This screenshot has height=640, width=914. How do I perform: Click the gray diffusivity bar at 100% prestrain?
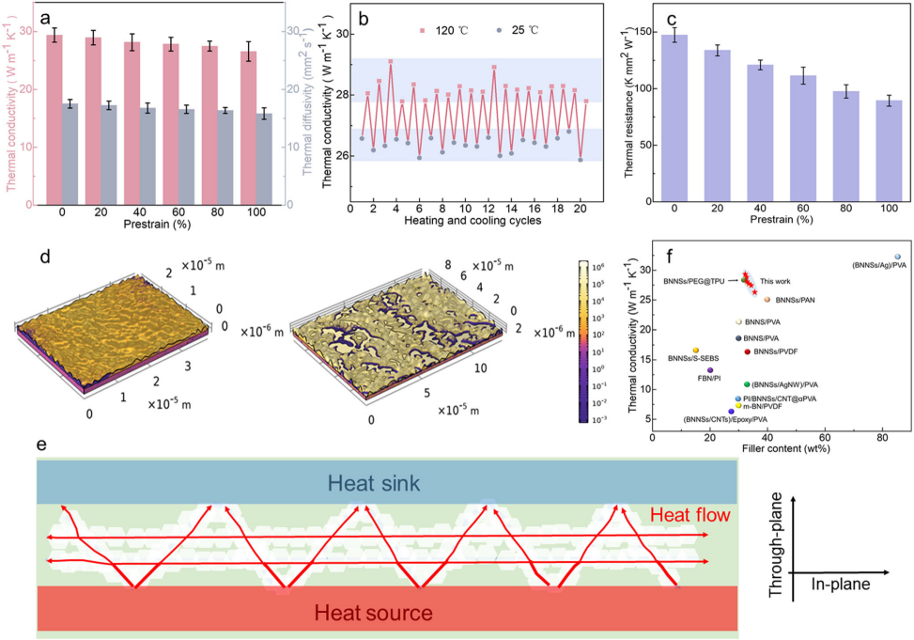point(265,158)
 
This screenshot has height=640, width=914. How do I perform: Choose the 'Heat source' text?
point(374,614)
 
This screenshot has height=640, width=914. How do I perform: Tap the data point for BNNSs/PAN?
point(767,300)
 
